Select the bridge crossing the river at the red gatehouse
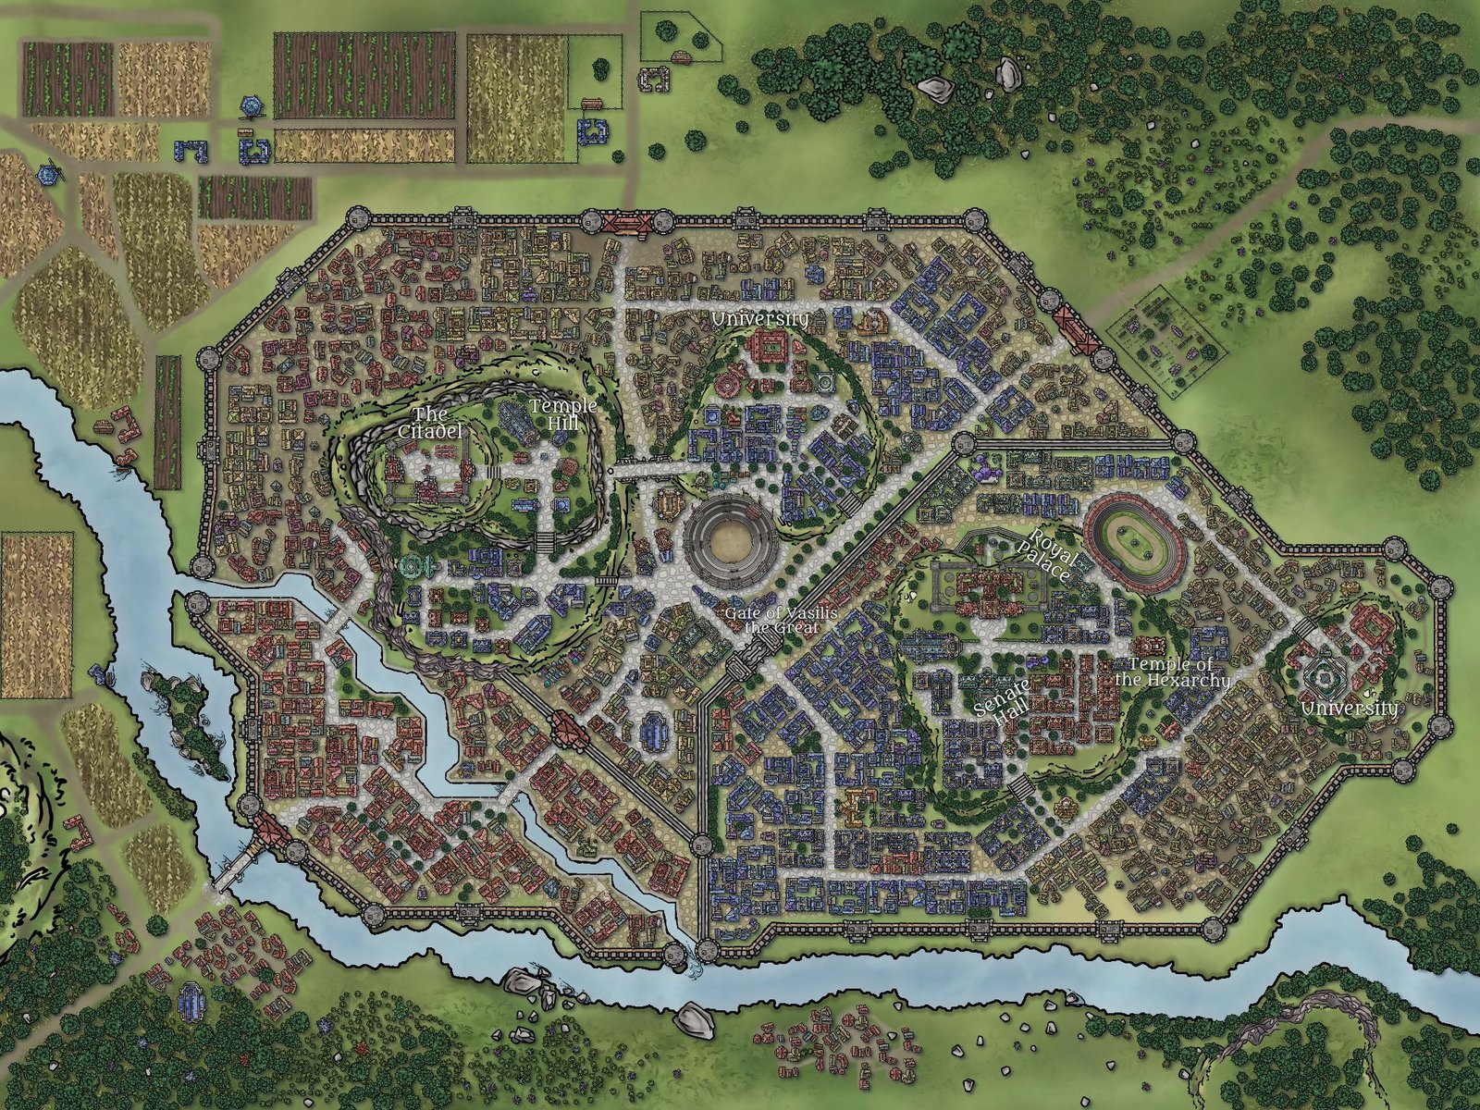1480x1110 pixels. tap(236, 859)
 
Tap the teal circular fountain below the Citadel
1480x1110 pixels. tap(411, 566)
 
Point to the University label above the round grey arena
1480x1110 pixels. tap(760, 319)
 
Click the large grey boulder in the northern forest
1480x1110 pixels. tap(936, 89)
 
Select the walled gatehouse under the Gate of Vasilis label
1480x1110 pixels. tap(745, 664)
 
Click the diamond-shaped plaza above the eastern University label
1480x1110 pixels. tap(1323, 678)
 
